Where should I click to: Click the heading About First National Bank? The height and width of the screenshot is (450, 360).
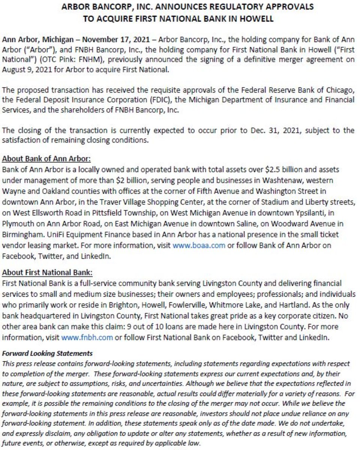(x=47, y=272)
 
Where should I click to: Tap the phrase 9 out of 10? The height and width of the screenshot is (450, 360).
(x=153, y=327)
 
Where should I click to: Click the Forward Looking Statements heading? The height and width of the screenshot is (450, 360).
(x=47, y=354)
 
